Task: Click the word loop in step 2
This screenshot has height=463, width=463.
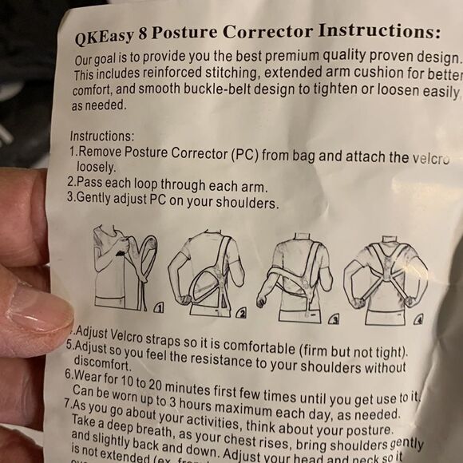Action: pyautogui.click(x=146, y=186)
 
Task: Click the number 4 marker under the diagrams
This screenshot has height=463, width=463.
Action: pyautogui.click(x=417, y=317)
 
